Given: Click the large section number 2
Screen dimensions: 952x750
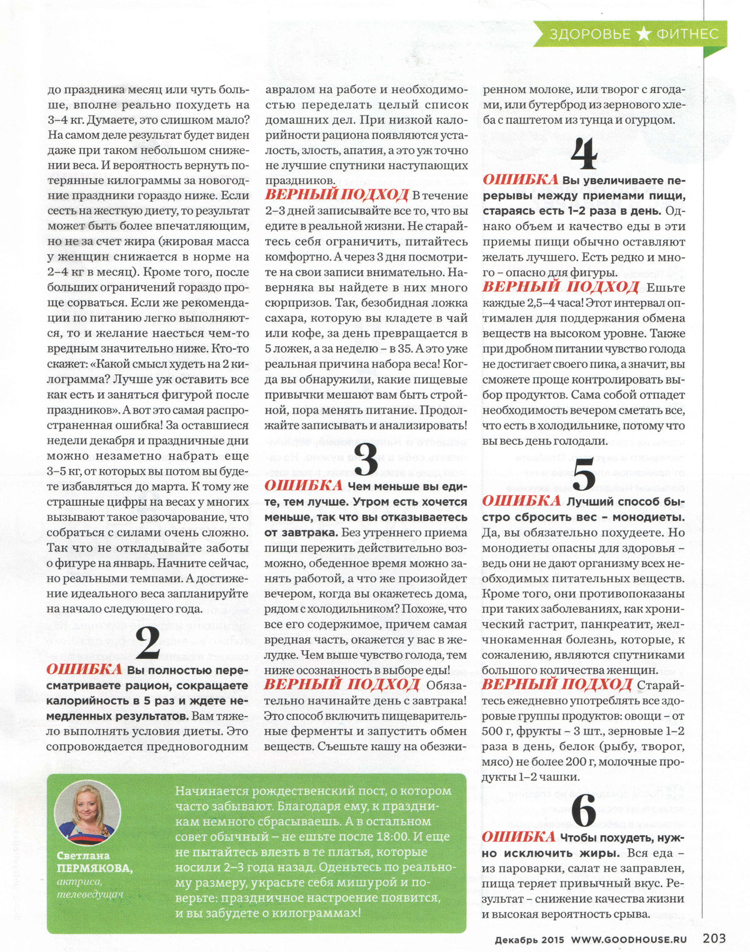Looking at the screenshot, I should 147,642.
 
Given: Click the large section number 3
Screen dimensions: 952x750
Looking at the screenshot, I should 366,460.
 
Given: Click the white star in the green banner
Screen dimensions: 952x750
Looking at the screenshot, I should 643,34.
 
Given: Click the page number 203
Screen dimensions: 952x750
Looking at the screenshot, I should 714,938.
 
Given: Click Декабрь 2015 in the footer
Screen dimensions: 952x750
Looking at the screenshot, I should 529,938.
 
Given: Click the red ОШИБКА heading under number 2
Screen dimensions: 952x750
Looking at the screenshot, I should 84,669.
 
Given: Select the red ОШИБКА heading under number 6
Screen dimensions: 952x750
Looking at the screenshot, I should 519,837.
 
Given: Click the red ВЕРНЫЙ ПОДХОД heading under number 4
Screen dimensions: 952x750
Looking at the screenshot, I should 561,287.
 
